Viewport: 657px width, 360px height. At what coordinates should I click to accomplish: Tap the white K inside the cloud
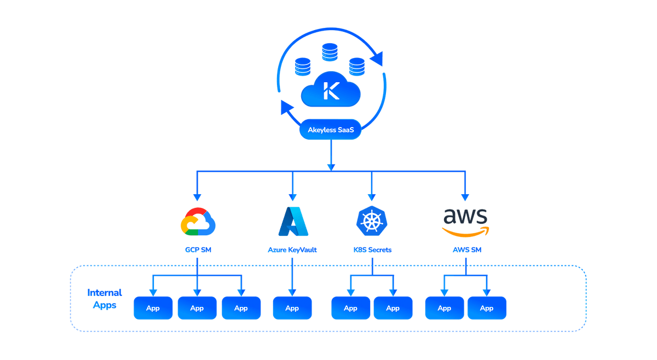point(331,90)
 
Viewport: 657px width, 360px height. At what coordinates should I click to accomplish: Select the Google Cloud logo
point(198,222)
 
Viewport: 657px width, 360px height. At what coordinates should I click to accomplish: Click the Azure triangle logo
point(292,222)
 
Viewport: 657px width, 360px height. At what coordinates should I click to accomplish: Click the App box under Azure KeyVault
point(292,309)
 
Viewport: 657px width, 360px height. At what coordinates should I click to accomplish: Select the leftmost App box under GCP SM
point(153,309)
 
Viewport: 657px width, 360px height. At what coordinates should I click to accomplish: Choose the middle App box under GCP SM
point(197,309)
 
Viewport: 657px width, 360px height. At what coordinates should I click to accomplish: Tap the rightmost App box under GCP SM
point(241,309)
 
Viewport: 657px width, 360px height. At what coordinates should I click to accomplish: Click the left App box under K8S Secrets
point(351,309)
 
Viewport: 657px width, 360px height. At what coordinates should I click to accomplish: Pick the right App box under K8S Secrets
point(393,309)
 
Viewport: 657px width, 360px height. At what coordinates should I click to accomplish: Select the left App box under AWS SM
point(445,309)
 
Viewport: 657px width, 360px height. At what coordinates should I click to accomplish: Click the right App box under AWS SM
point(487,309)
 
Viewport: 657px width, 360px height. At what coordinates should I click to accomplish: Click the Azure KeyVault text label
point(292,250)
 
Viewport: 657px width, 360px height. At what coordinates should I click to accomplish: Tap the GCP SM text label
point(198,250)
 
